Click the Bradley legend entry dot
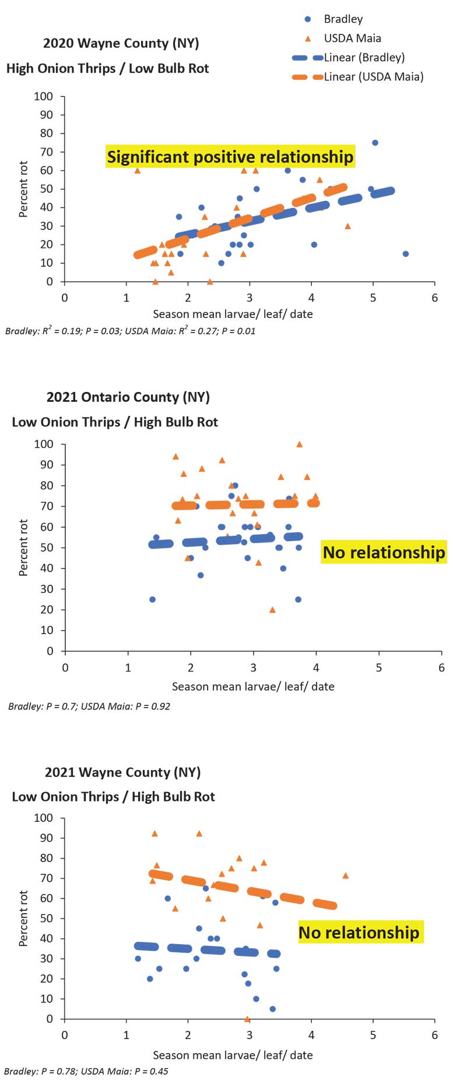(308, 19)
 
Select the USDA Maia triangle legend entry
(308, 38)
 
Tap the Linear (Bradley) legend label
(364, 58)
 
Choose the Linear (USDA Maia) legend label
(373, 77)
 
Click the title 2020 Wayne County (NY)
(121, 43)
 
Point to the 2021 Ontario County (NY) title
(128, 397)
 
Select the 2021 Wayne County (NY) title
(122, 772)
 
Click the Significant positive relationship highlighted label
(230, 157)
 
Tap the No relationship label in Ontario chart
(384, 552)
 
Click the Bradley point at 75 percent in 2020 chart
(375, 143)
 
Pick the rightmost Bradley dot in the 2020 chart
(406, 254)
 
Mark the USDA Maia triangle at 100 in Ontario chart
(300, 444)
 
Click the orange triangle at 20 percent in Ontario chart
(272, 610)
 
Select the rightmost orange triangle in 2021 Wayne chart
(346, 875)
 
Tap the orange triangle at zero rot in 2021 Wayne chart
(247, 1019)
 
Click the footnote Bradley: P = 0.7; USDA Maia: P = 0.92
(89, 707)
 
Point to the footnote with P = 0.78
(86, 1071)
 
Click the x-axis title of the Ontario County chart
(253, 687)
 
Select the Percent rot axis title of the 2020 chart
(23, 189)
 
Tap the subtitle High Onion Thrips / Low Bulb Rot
(107, 68)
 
